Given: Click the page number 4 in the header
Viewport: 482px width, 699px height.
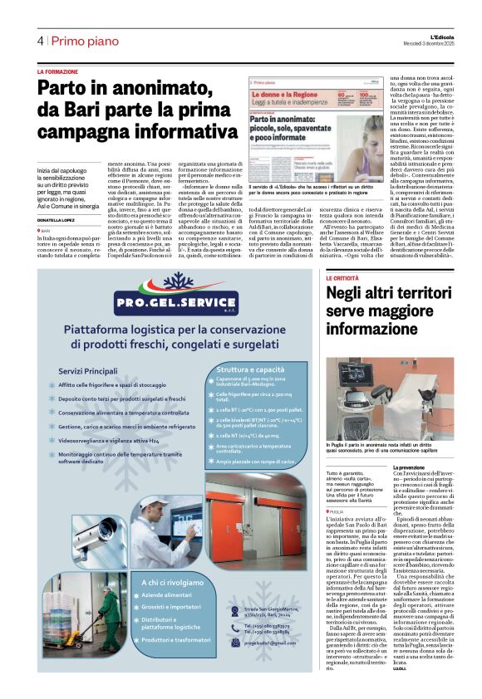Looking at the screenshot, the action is coord(40,41).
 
